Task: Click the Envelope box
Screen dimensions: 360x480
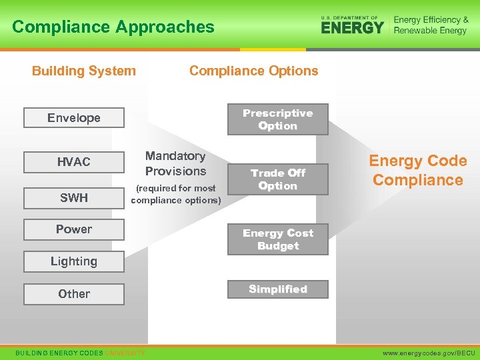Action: coord(74,118)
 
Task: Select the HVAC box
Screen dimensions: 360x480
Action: coord(74,162)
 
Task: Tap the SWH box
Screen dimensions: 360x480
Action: coord(74,197)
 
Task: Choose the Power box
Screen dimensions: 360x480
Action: coord(74,229)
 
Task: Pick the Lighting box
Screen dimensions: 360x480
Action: coord(74,261)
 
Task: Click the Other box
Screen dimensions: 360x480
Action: coord(74,294)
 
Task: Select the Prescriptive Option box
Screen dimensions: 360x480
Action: coord(278,119)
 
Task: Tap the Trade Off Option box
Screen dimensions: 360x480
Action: coord(278,179)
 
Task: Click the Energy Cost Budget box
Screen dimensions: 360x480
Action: coord(278,239)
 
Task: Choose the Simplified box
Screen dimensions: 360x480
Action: coord(278,289)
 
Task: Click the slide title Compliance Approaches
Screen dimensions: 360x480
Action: coord(113,27)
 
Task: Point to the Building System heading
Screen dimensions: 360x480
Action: coord(84,71)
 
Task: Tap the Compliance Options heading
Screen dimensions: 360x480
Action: coord(254,71)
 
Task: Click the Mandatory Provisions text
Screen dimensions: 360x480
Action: coord(175,163)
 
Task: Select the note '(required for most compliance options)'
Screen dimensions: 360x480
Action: coord(176,194)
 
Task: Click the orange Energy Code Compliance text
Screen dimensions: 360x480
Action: coord(418,170)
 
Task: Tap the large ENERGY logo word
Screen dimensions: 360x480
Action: coord(352,27)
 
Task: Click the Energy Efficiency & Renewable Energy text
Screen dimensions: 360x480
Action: coord(431,25)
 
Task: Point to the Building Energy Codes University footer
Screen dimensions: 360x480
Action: coord(80,352)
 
